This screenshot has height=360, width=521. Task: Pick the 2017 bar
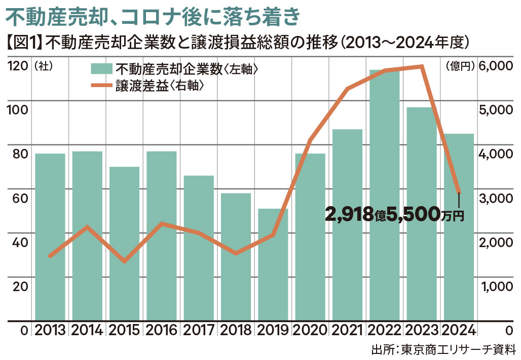click(x=198, y=248)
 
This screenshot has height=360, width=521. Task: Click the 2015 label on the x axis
click(x=124, y=331)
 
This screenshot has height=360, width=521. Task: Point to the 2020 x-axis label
click(x=310, y=331)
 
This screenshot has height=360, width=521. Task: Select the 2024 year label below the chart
click(x=459, y=331)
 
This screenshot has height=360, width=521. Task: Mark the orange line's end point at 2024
click(x=459, y=192)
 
